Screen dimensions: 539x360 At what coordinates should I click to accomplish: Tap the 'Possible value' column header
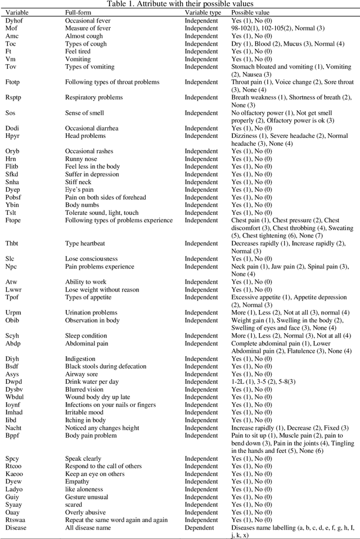point(250,12)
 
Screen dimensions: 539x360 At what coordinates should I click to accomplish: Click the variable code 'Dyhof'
point(15,20)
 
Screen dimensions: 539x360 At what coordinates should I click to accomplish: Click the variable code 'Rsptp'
point(14,97)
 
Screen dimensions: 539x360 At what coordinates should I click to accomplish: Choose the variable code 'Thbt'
point(13,243)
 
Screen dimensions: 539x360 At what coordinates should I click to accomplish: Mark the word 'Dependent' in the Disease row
point(201,528)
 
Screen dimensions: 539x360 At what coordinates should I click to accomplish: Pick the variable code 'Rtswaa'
point(16,520)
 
